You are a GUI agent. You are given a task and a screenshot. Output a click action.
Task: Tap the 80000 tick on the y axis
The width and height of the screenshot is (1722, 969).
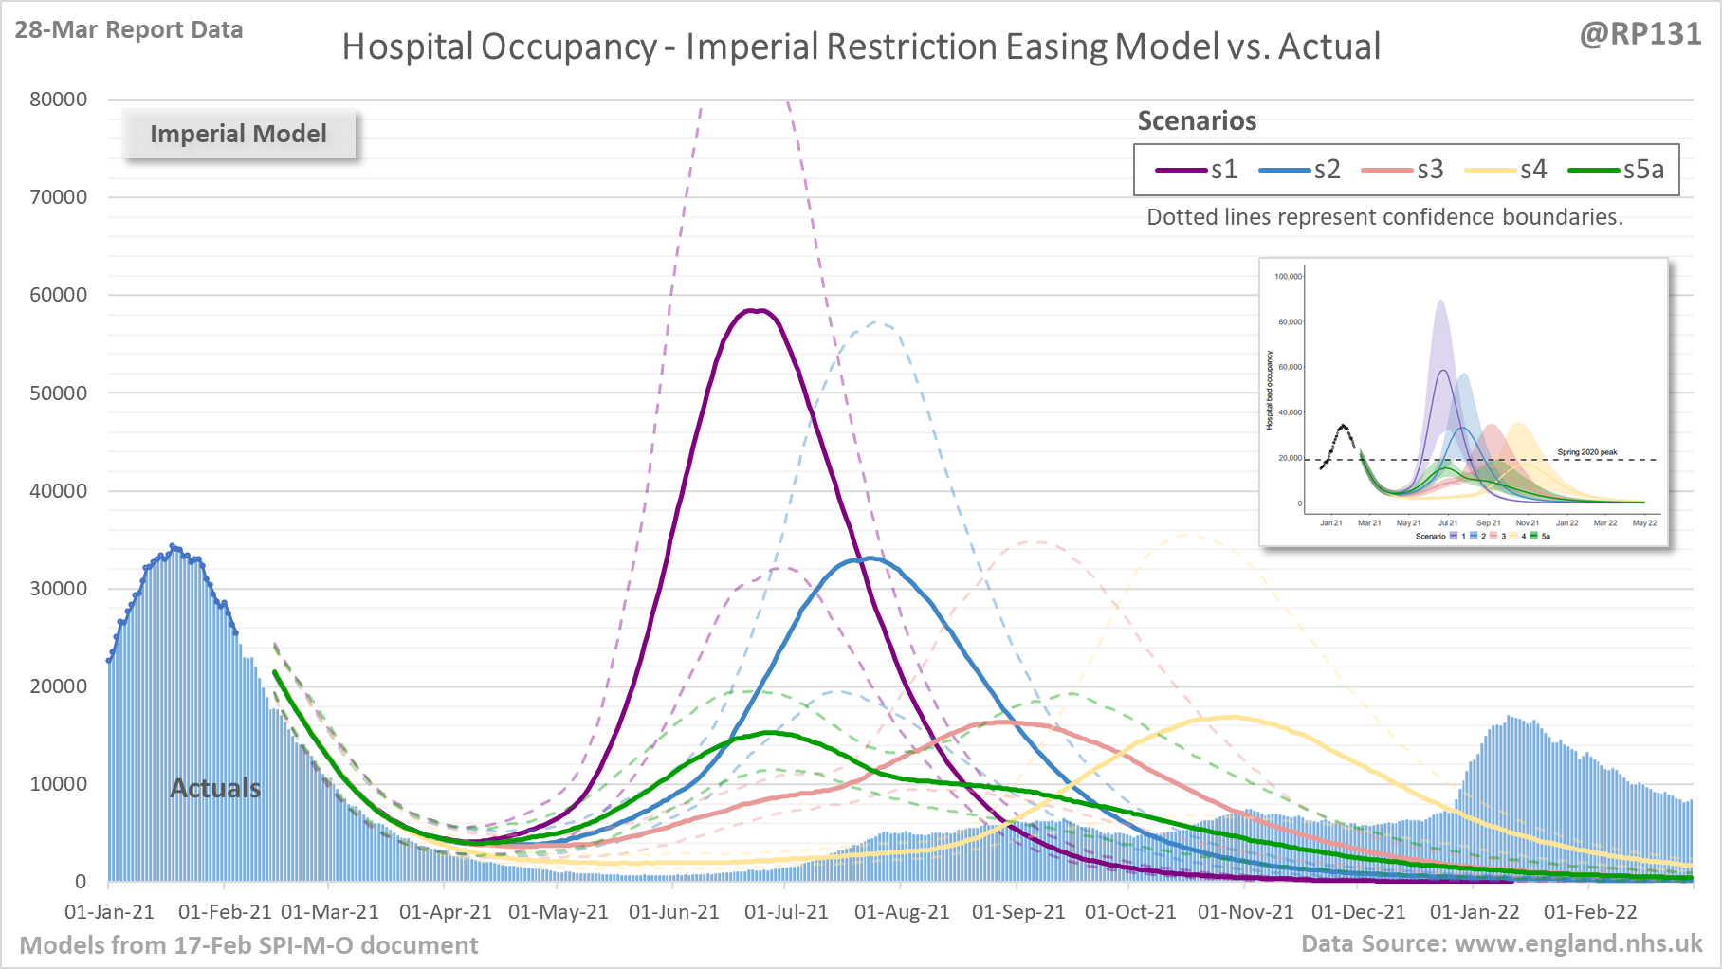(58, 100)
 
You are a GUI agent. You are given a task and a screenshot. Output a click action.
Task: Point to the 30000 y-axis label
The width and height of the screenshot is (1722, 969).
(58, 589)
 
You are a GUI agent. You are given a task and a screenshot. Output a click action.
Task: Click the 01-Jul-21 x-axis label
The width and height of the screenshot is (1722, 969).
(786, 912)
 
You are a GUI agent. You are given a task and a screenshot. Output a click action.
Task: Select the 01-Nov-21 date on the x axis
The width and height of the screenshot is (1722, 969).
(1245, 912)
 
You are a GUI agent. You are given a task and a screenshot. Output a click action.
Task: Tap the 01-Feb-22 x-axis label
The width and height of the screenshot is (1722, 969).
(1590, 912)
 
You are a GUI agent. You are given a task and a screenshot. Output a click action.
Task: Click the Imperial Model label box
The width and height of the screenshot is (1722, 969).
(238, 134)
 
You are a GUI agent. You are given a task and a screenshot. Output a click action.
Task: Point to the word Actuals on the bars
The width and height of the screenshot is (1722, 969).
(215, 788)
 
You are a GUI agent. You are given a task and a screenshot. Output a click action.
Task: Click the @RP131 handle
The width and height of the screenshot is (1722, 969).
(1640, 34)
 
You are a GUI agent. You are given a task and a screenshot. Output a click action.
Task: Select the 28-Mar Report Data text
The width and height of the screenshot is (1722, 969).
(129, 30)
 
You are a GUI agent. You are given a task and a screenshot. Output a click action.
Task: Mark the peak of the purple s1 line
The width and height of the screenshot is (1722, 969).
(756, 310)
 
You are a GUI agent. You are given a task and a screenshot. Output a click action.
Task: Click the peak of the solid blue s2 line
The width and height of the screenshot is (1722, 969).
(869, 558)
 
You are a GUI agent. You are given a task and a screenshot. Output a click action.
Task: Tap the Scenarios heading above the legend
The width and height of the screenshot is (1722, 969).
(1197, 121)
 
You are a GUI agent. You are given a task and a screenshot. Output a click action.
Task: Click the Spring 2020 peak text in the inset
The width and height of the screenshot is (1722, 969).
(1586, 452)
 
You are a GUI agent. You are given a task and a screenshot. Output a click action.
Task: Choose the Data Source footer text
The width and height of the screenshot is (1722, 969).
(1501, 943)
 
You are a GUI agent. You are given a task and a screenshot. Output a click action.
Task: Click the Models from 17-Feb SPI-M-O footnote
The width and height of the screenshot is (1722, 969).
(248, 945)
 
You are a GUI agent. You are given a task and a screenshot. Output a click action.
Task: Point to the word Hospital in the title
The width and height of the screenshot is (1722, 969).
(407, 46)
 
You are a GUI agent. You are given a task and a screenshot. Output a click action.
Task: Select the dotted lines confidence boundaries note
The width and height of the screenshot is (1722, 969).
(1384, 217)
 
